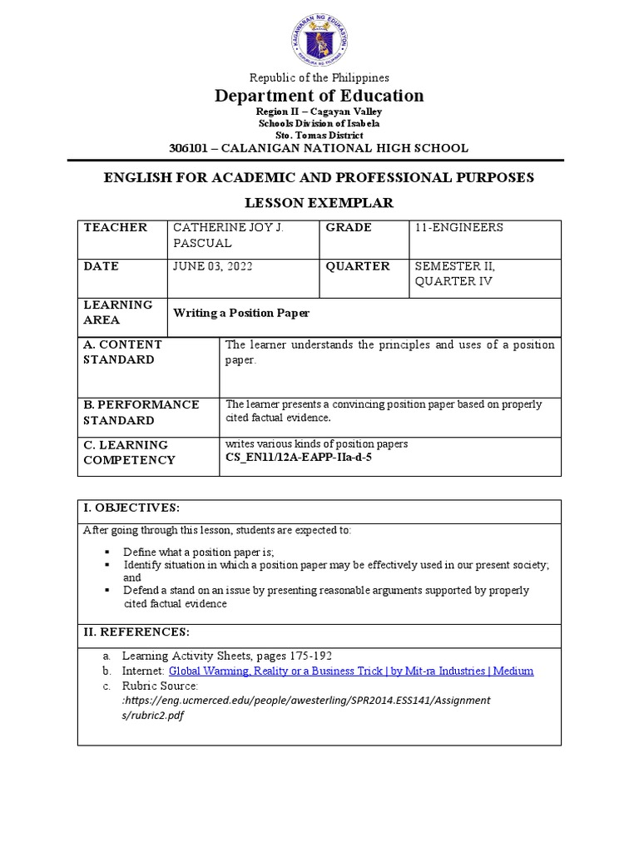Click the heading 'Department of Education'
pyautogui.click(x=319, y=96)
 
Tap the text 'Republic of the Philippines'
pyautogui.click(x=319, y=77)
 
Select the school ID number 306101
pyautogui.click(x=187, y=148)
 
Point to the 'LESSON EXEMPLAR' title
pyautogui.click(x=319, y=203)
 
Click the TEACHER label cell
pyautogui.click(x=116, y=227)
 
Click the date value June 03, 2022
pyautogui.click(x=213, y=266)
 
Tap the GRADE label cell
pyautogui.click(x=349, y=227)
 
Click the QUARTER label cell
pyautogui.click(x=358, y=266)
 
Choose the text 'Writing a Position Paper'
pyautogui.click(x=241, y=313)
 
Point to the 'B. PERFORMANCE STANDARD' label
pyautogui.click(x=141, y=412)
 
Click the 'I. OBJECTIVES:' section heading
pyautogui.click(x=131, y=508)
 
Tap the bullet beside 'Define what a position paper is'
pyautogui.click(x=107, y=552)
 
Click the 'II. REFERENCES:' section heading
pyautogui.click(x=136, y=632)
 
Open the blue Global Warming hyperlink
pyautogui.click(x=351, y=671)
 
